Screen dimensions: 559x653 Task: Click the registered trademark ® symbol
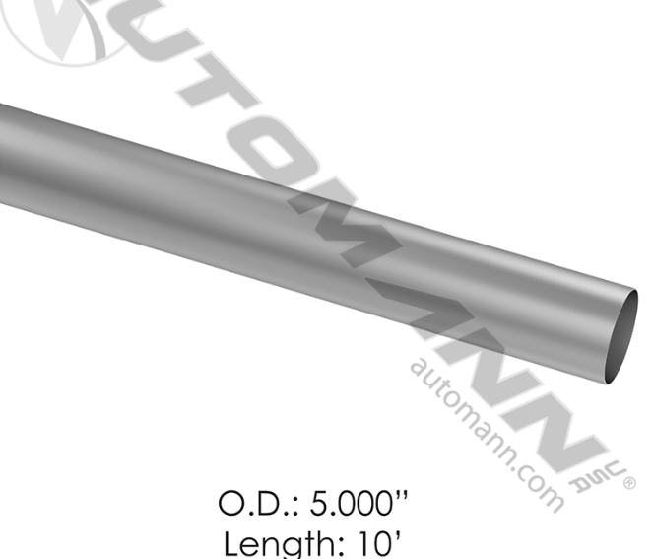pyautogui.click(x=628, y=482)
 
